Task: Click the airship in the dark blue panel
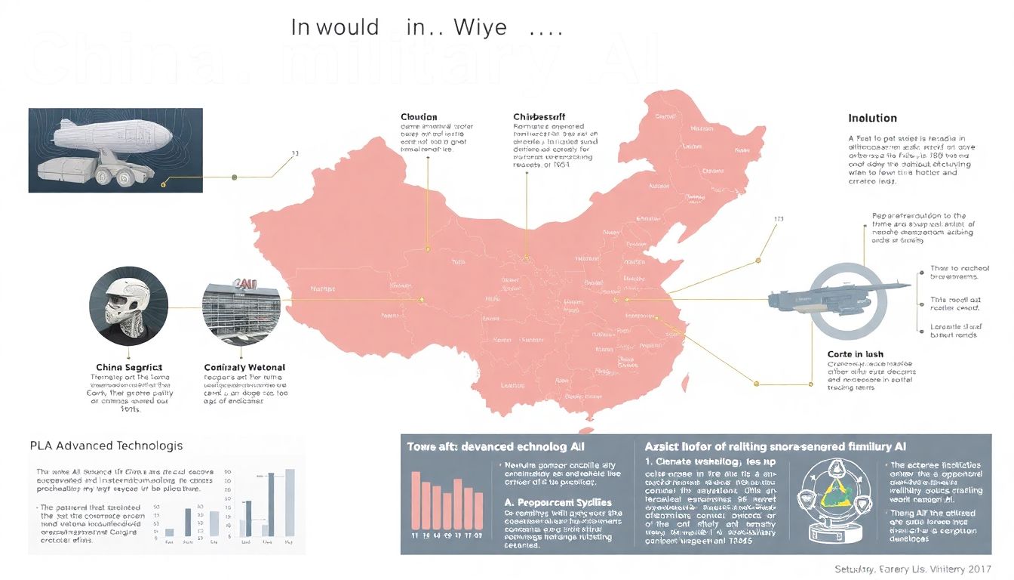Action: click(113, 137)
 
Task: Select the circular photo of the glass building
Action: click(241, 305)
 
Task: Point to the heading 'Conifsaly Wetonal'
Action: click(245, 367)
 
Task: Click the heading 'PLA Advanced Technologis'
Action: click(106, 446)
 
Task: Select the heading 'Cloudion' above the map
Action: click(419, 117)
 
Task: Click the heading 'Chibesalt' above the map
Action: click(539, 117)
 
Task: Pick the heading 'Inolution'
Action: click(872, 118)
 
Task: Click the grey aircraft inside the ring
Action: click(822, 298)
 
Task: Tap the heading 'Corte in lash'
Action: click(855, 353)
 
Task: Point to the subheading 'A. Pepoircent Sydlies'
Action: click(558, 502)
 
